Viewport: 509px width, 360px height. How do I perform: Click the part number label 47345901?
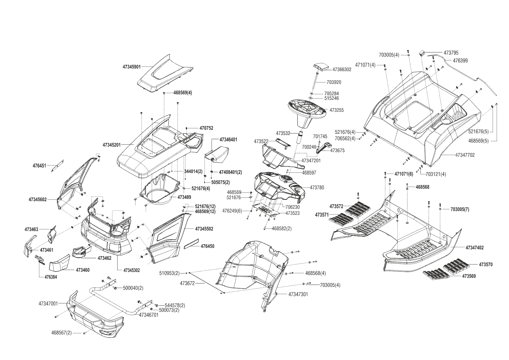pyautogui.click(x=131, y=67)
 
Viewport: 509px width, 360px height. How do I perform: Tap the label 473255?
pyautogui.click(x=337, y=110)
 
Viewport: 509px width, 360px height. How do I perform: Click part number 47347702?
pyautogui.click(x=465, y=155)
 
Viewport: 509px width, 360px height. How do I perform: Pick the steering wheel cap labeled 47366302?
pyautogui.click(x=321, y=67)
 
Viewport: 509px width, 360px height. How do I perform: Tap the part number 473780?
pyautogui.click(x=317, y=188)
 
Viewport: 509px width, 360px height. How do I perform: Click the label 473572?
pyautogui.click(x=336, y=206)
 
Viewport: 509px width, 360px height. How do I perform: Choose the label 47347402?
pyautogui.click(x=474, y=248)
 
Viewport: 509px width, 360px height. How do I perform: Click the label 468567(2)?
pyautogui.click(x=62, y=333)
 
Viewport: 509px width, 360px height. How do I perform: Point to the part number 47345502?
pyautogui.click(x=204, y=229)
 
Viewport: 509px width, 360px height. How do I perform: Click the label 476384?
pyautogui.click(x=51, y=277)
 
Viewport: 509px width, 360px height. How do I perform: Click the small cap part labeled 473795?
pyautogui.click(x=422, y=53)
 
